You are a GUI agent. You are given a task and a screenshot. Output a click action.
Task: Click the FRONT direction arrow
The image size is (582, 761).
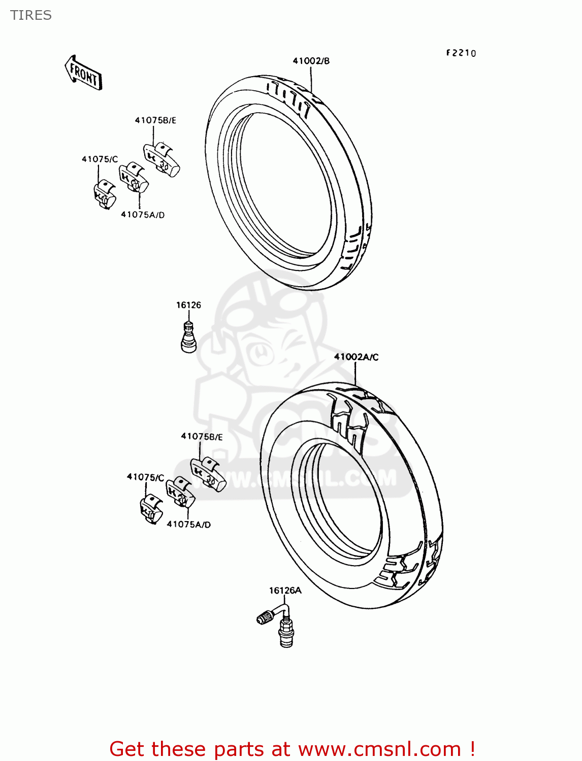tap(83, 74)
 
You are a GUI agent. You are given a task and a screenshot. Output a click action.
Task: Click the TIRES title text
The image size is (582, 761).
tap(31, 15)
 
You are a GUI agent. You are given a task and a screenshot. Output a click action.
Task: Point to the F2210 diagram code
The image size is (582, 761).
tap(461, 53)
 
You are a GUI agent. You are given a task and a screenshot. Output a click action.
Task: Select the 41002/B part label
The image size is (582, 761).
tap(311, 61)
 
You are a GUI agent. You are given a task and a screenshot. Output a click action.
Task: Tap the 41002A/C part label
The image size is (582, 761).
tap(356, 357)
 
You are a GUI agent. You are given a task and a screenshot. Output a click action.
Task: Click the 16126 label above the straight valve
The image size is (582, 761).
tap(188, 305)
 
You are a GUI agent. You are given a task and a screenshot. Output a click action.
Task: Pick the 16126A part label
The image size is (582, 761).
tap(285, 591)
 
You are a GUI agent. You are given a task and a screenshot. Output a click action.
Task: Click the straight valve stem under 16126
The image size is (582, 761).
tap(188, 337)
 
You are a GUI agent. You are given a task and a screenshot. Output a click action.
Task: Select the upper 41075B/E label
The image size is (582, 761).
tap(155, 120)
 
